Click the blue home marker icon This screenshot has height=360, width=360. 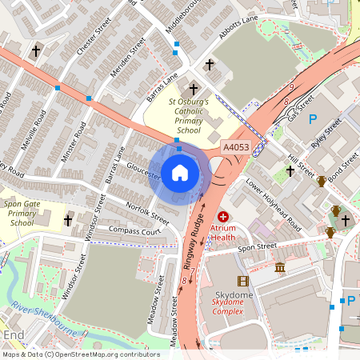pos(180,173)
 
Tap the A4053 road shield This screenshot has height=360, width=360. pos(236,148)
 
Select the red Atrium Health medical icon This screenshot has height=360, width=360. pos(223,217)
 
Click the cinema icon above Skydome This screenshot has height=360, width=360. pos(243,280)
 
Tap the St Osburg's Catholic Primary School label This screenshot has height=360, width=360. pos(189,116)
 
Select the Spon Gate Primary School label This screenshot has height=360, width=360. pos(22,214)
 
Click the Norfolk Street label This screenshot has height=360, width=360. pos(147,212)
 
